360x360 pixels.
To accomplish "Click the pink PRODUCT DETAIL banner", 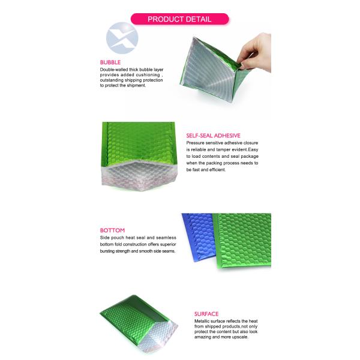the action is pyautogui.click(x=179, y=19).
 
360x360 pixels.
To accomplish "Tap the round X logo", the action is pyautogui.click(x=122, y=38).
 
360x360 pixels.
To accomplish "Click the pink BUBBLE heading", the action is pyautogui.click(x=110, y=62).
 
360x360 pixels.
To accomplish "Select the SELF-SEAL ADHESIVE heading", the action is pyautogui.click(x=213, y=136).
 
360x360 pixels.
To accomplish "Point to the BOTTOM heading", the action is pyautogui.click(x=112, y=230).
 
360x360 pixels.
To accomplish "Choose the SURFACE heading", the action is pyautogui.click(x=206, y=314).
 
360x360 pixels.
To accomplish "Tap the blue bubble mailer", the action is pyautogui.click(x=199, y=237).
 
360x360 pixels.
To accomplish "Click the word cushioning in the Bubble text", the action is pyautogui.click(x=148, y=75).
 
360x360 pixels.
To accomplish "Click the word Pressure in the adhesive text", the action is pyautogui.click(x=195, y=143).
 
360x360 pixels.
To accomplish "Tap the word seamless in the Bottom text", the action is pyautogui.click(x=166, y=238).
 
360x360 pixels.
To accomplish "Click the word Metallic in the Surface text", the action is pyautogui.click(x=202, y=321).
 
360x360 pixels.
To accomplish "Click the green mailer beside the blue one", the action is pyautogui.click(x=242, y=241).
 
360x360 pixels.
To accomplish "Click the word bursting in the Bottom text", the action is pyautogui.click(x=107, y=251).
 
